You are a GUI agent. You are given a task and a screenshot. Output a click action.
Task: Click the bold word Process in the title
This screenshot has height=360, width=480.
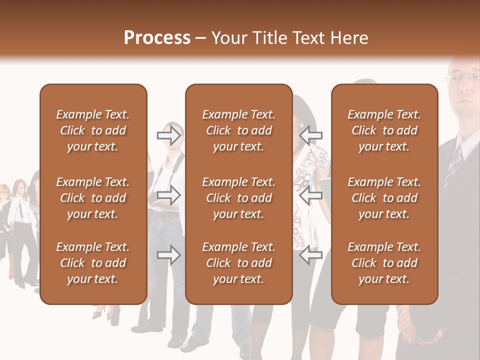click(157, 38)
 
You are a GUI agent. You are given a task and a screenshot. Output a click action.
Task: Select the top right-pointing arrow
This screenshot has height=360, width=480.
click(168, 135)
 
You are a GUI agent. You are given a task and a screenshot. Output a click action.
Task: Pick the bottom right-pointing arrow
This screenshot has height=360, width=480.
click(168, 255)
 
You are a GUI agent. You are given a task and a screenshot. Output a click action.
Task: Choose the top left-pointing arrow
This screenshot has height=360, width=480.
click(311, 135)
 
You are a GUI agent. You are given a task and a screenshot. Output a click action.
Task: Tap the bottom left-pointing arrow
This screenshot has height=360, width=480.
click(311, 255)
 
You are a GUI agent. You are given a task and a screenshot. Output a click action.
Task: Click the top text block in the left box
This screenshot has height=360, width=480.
click(92, 130)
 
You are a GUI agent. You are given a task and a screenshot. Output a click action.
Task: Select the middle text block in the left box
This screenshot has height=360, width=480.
click(92, 198)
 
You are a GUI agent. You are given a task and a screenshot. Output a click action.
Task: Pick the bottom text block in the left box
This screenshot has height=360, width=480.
click(92, 263)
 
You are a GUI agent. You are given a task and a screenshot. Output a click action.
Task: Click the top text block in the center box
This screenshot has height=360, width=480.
click(238, 130)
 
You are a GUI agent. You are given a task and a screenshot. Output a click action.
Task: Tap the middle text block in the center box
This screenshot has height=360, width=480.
click(238, 198)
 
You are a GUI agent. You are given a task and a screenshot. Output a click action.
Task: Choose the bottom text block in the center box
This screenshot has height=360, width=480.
click(238, 263)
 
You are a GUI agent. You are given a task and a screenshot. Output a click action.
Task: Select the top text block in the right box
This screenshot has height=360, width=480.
click(384, 130)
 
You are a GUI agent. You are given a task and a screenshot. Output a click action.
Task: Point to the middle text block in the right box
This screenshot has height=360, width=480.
click(384, 198)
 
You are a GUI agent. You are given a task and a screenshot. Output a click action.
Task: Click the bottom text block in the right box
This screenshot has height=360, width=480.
click(384, 263)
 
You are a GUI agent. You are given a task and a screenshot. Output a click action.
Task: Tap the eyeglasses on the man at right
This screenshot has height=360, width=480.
click(463, 76)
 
